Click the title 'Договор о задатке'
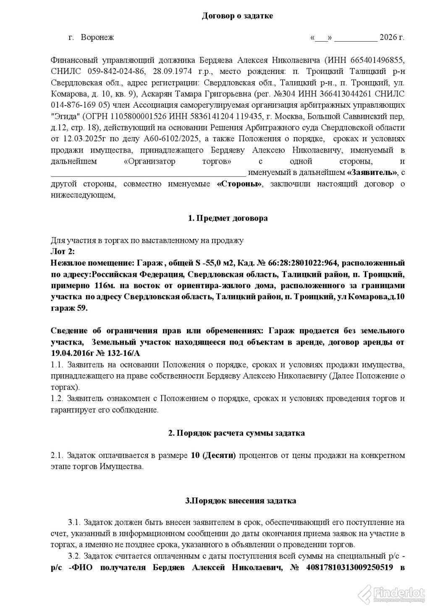tap(237, 16)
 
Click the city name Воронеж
tap(97, 37)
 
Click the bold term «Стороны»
tap(239, 184)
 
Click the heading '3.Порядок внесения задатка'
tap(241, 500)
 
